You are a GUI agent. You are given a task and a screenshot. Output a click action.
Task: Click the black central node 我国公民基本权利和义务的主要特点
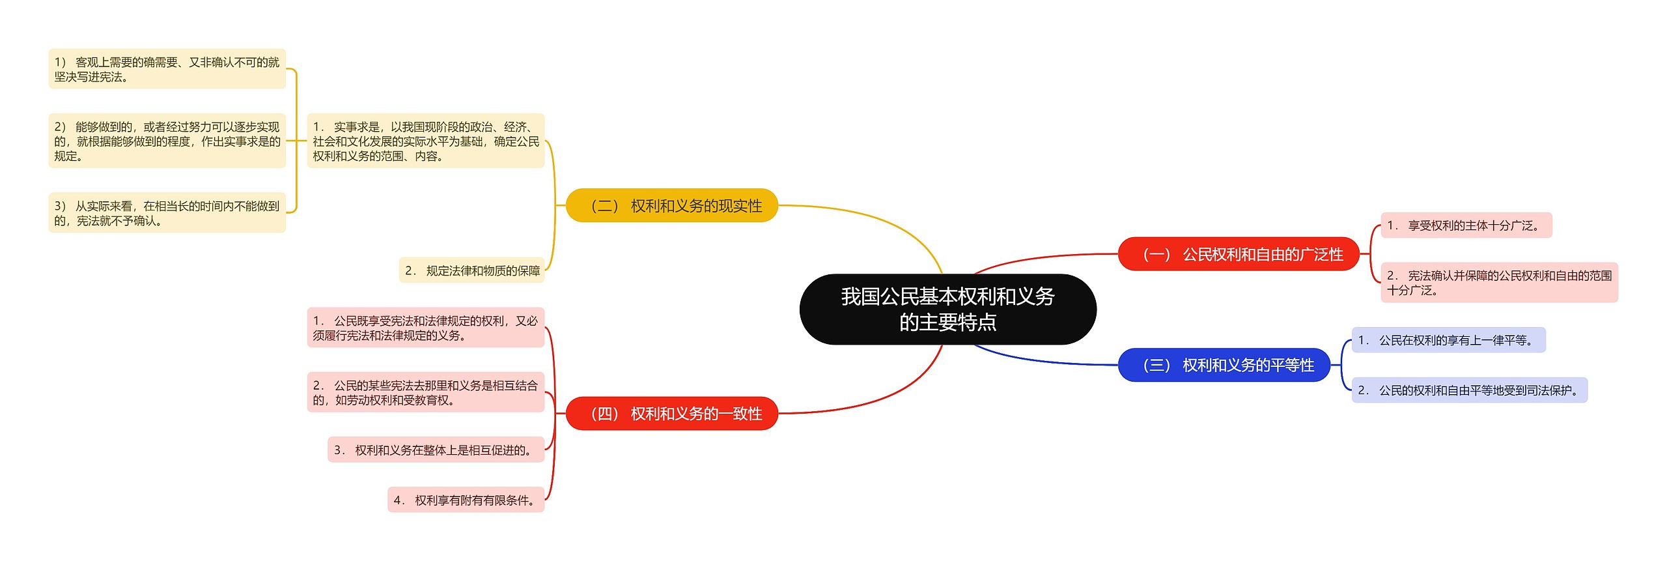947,309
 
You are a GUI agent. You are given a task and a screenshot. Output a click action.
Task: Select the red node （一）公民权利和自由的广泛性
1239,254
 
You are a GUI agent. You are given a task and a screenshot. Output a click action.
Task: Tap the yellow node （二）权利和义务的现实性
672,206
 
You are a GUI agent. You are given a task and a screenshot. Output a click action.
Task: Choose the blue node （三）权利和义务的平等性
1224,365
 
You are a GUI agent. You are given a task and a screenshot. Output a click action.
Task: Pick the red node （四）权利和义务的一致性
672,414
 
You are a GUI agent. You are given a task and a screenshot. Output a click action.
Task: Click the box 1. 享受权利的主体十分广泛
1466,225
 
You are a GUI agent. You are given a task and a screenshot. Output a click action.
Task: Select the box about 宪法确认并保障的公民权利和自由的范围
1498,283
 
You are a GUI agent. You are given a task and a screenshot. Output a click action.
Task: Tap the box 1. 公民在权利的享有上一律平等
1448,340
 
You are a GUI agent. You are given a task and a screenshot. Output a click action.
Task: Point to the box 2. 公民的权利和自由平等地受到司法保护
1469,390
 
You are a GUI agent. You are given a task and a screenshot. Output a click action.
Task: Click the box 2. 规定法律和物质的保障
471,270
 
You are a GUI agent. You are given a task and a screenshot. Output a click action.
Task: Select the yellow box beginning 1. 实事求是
425,141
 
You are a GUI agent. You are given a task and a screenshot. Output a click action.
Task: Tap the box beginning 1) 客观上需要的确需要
167,69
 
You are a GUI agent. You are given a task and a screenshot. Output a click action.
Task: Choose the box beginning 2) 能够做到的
167,141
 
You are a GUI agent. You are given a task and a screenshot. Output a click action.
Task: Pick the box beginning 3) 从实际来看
167,213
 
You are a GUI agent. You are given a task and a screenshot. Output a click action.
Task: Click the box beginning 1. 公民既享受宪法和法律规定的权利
425,328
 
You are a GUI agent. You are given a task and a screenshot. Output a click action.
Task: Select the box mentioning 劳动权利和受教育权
425,392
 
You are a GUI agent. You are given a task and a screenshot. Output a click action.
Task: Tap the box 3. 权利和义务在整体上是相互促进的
436,450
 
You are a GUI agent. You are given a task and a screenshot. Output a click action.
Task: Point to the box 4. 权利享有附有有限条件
466,500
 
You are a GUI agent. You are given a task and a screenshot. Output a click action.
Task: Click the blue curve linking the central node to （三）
1042,360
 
